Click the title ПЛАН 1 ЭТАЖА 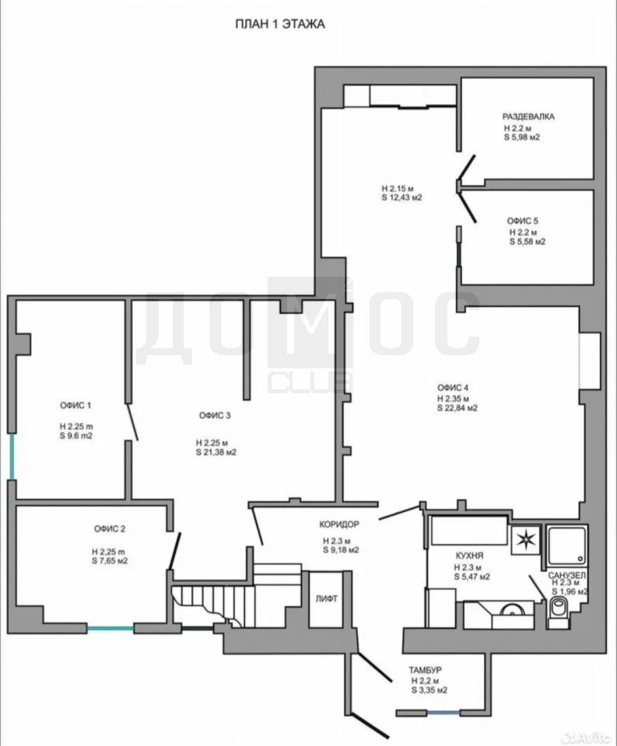coord(280,24)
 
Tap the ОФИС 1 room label coord(75,406)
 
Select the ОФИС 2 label coord(110,528)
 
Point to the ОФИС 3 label coord(215,415)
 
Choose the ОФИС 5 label coord(523,221)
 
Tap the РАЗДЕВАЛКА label coord(528,117)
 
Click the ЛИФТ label coord(326,598)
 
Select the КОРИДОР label coord(339,525)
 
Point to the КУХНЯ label coord(469,555)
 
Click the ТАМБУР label coord(425,670)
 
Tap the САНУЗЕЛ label coord(566,575)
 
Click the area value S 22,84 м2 coord(457,408)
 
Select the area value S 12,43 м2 coord(401,198)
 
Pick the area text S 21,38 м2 coord(216,452)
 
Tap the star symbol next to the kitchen coord(526,539)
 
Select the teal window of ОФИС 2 coord(110,629)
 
